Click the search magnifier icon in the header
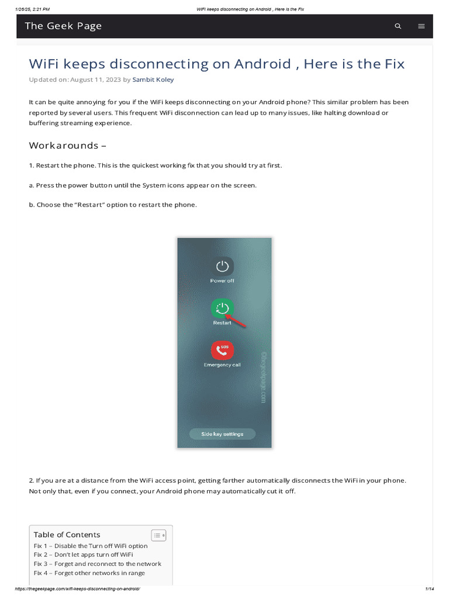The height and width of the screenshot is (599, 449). coord(398,26)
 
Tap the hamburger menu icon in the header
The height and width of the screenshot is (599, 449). coord(422,26)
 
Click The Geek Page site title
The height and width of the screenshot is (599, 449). coord(63,26)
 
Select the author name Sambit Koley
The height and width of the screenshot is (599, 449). coord(153,80)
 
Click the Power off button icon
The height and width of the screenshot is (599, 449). coord(222,267)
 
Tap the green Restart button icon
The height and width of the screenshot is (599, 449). coord(222,308)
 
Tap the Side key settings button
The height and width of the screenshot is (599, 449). coord(222,434)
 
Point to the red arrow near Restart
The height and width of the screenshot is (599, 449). coord(237,320)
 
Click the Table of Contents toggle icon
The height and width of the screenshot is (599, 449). coord(158,535)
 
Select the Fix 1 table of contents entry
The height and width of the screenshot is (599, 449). coord(91,546)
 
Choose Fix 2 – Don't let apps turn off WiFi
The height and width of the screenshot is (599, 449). coord(83,555)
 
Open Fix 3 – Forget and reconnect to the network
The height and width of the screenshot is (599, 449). coord(98,564)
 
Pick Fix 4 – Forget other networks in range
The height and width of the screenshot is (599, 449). coord(89,573)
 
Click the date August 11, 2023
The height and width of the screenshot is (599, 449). coord(95,80)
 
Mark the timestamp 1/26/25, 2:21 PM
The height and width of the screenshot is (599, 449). coord(33,9)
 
